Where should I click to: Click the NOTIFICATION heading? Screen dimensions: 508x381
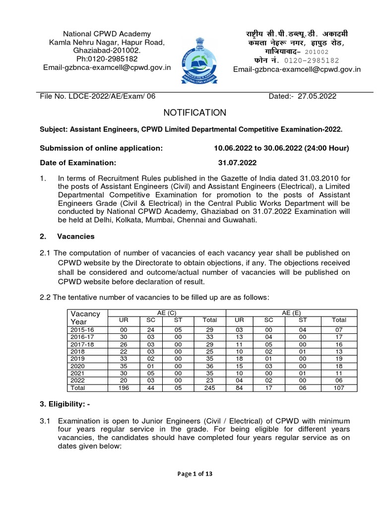coord(190,113)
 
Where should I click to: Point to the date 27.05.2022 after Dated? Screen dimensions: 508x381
coord(317,96)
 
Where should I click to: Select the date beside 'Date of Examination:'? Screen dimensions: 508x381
coord(238,162)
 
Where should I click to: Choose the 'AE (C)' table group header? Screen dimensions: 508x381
coord(167,313)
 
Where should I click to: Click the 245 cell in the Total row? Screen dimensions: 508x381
coord(210,387)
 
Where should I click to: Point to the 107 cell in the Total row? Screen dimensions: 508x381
coord(339,387)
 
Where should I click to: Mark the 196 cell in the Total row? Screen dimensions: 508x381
coord(124,387)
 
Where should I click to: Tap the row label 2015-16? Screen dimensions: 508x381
coord(83,329)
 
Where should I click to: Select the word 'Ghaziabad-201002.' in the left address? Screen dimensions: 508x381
coord(107,51)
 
